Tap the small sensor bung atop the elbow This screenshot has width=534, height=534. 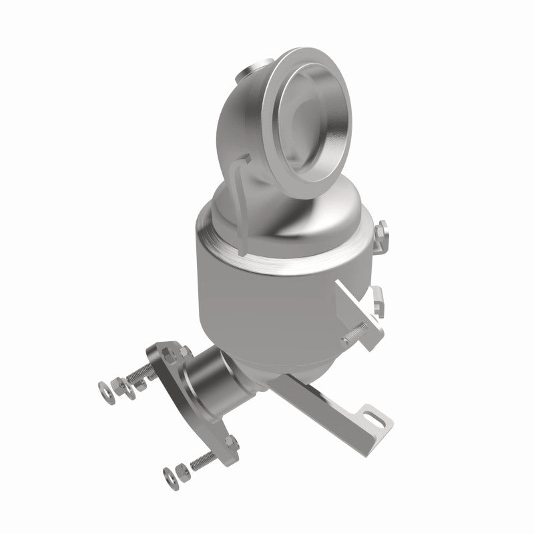pos(257,68)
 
